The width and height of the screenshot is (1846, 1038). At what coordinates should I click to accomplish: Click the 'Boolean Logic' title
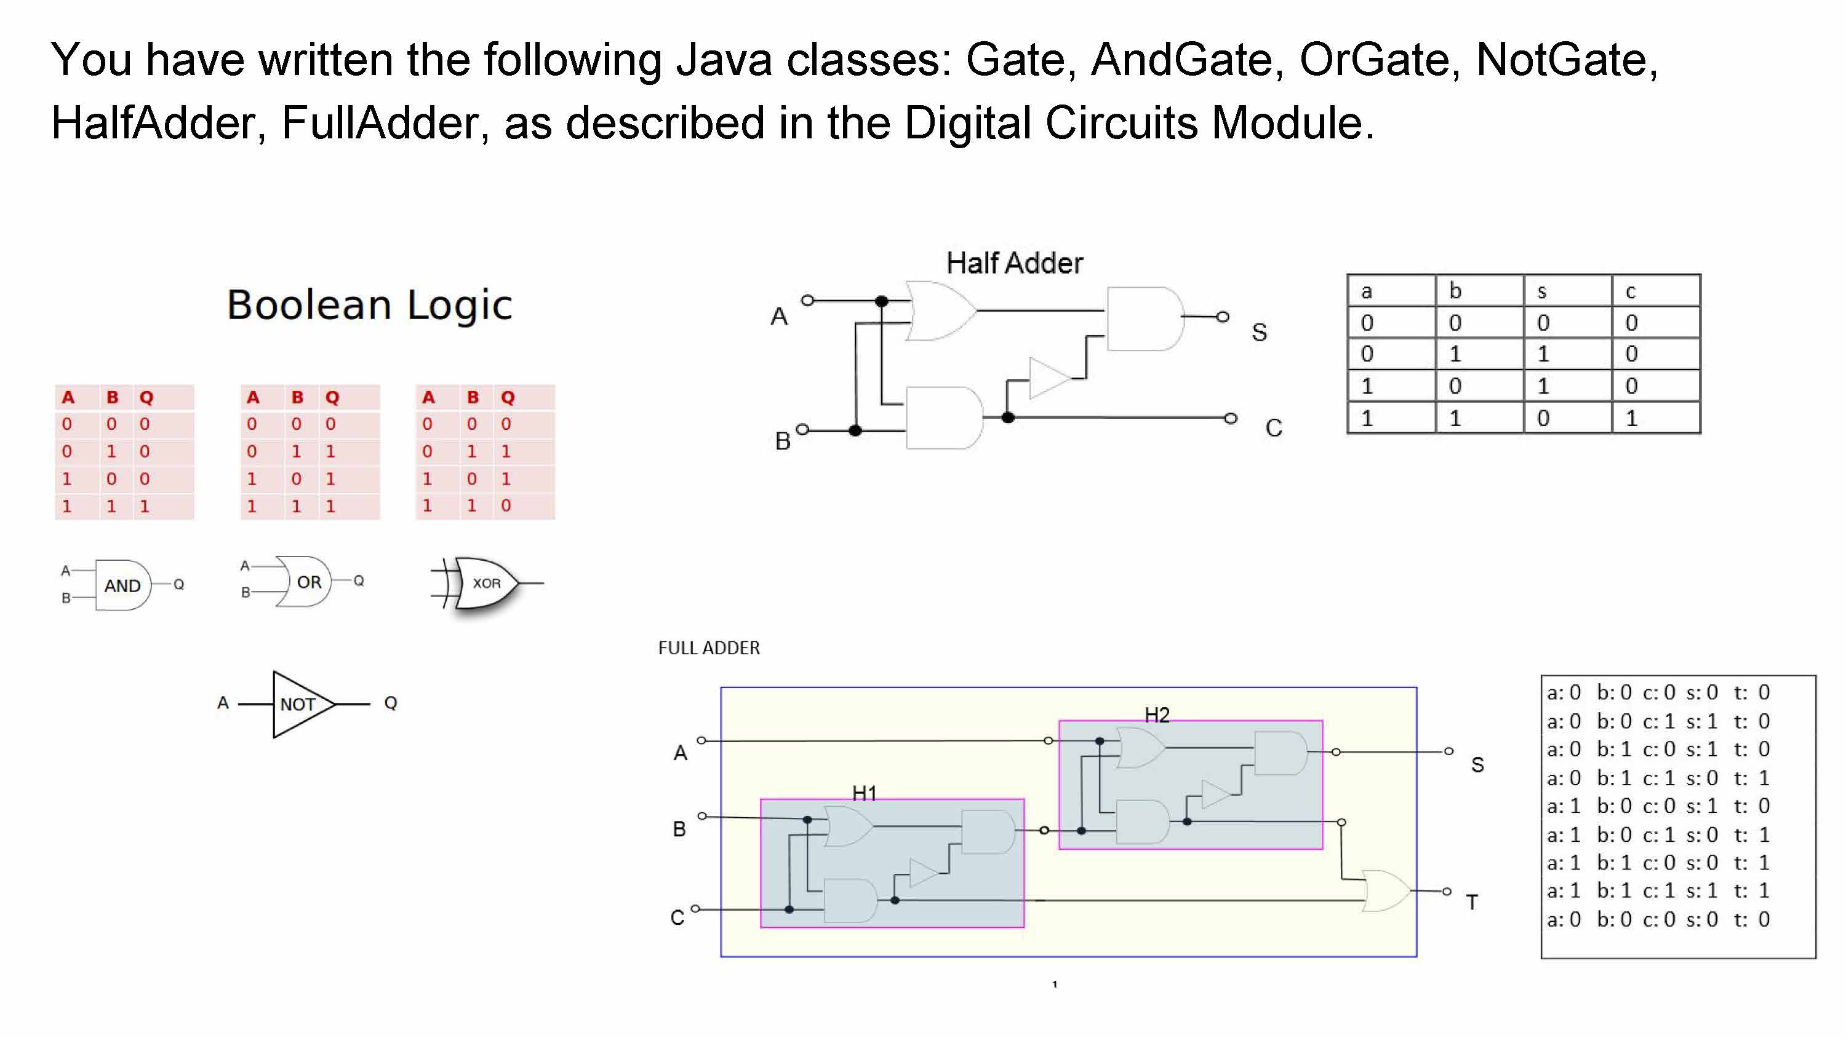click(369, 305)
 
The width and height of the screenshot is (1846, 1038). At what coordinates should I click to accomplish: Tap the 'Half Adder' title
click(1014, 263)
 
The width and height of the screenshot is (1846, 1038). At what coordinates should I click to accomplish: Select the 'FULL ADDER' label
click(709, 648)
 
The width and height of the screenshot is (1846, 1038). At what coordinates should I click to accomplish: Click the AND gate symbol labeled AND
click(122, 585)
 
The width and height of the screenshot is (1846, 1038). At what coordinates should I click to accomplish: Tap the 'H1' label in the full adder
click(865, 793)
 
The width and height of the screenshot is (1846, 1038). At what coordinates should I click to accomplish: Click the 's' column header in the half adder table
click(1542, 291)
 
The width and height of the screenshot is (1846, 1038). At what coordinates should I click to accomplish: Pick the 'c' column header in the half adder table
click(1630, 291)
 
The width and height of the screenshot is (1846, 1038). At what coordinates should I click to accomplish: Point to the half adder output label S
click(1259, 331)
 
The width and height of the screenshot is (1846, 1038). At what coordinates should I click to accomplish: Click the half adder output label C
click(1273, 427)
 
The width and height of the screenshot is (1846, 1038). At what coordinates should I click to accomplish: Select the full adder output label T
click(1472, 902)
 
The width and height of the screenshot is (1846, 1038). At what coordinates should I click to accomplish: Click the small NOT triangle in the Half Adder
click(1049, 378)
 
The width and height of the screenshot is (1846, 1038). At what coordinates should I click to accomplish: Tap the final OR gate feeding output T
click(1386, 890)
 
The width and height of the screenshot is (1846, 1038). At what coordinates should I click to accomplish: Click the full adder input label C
click(677, 917)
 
